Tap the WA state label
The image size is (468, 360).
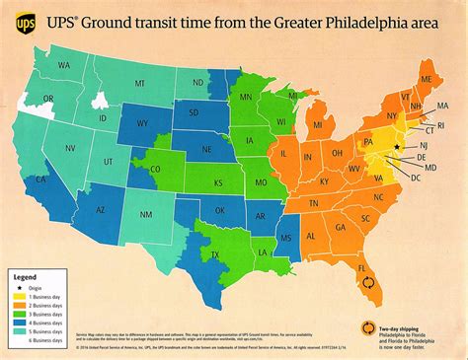[64, 65]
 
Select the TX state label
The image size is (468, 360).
[214, 254]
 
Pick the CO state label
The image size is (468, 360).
[154, 169]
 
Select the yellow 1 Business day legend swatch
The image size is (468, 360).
[18, 296]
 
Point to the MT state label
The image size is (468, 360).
[139, 84]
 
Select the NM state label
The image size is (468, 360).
[146, 214]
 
